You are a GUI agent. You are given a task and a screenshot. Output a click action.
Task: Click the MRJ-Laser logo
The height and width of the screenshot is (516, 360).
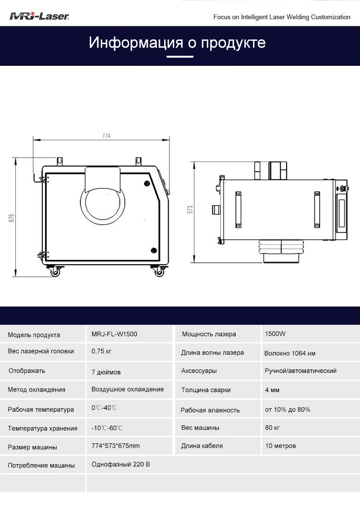[39, 16]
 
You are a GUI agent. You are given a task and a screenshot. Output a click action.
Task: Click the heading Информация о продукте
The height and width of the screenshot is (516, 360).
[177, 43]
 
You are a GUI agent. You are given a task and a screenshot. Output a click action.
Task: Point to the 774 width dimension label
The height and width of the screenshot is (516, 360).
[106, 135]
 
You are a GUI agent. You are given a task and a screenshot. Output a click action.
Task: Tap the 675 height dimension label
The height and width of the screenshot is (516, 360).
[12, 218]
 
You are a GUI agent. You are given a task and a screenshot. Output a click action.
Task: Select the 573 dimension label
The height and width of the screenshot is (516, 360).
[190, 209]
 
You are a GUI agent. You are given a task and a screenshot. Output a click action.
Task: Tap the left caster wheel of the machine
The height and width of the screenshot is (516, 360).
[55, 271]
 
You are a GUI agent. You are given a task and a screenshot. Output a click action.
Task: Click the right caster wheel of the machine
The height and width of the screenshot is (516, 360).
[159, 271]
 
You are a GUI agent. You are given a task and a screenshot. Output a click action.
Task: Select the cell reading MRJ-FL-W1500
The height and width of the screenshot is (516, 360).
[114, 334]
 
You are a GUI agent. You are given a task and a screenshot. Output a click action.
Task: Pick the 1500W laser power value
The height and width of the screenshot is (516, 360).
[275, 334]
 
